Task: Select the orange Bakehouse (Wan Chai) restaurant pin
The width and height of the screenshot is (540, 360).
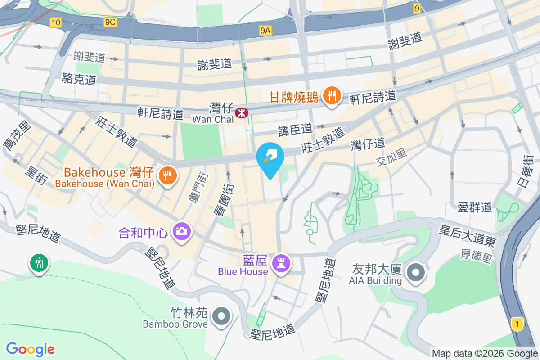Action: [x=168, y=175]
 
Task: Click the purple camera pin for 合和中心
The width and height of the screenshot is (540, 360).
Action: [x=182, y=232]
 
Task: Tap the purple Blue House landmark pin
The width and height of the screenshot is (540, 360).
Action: [x=282, y=264]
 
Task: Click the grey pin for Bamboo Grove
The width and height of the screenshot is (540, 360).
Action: [x=221, y=316]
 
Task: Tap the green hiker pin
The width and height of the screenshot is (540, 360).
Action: [x=39, y=263]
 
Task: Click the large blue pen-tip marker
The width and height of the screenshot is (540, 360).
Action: [x=270, y=160]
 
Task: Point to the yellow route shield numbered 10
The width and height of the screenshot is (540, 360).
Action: [x=56, y=22]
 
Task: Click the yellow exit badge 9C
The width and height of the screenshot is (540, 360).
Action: [x=110, y=22]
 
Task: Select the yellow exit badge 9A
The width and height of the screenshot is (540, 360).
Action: [x=265, y=30]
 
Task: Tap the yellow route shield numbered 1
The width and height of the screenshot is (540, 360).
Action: [x=518, y=324]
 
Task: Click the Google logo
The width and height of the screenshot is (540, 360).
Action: [x=30, y=349]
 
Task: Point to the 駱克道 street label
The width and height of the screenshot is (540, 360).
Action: [x=79, y=80]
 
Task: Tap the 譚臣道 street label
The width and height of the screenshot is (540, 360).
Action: [x=295, y=130]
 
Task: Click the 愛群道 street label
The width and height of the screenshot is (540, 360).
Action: [x=475, y=207]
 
